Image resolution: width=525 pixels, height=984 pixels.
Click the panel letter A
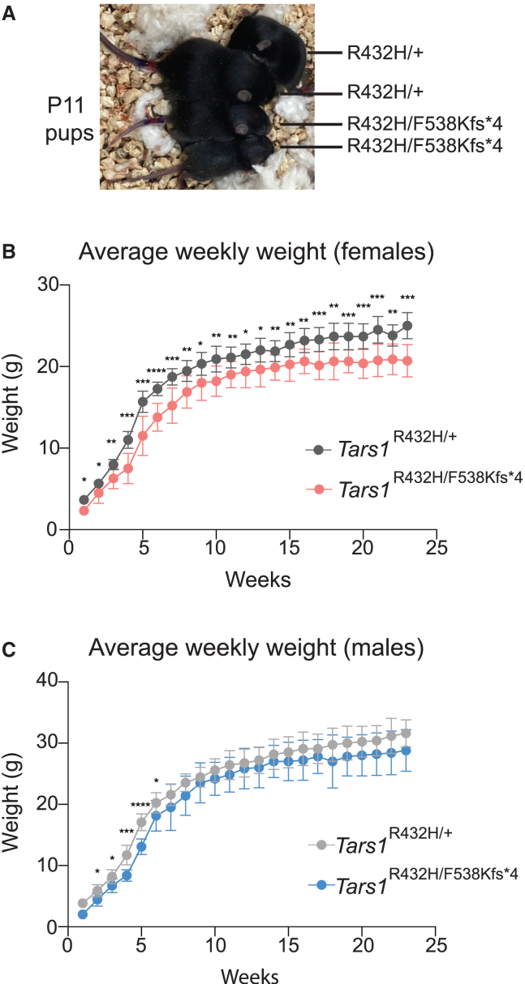[9, 14]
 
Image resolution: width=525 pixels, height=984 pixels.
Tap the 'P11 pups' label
[70, 119]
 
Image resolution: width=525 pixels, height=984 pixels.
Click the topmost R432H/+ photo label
[385, 53]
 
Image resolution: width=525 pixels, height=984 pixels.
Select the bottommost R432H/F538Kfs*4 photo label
[424, 145]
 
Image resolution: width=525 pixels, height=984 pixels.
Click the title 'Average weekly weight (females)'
[256, 252]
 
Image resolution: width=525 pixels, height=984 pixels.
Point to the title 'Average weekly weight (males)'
[256, 648]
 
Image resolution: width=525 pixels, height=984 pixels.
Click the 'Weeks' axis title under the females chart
[258, 580]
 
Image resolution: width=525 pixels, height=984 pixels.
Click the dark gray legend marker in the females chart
[318, 450]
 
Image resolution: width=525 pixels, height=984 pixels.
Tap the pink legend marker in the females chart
[318, 489]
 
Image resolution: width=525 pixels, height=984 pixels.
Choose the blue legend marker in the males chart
[321, 885]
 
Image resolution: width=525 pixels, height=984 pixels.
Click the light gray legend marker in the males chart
[321, 845]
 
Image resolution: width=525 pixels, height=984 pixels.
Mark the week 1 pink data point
[84, 511]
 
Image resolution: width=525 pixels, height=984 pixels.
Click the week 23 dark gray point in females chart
[407, 326]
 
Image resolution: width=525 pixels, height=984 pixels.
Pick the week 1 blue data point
[83, 914]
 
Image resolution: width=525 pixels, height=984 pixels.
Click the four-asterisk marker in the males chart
[140, 805]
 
